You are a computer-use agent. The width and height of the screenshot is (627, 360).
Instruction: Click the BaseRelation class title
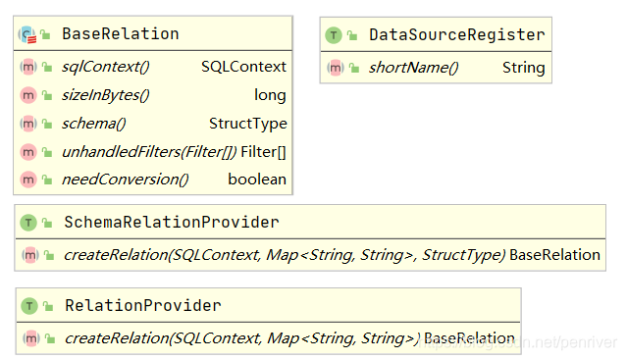[x=120, y=34]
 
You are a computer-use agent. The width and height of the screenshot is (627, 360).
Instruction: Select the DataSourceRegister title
[x=456, y=35]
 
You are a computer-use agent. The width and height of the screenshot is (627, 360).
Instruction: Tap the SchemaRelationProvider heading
[x=171, y=223]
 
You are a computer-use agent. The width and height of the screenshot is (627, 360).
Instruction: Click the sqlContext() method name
[x=105, y=67]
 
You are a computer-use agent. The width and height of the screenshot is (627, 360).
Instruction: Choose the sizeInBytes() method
[x=105, y=95]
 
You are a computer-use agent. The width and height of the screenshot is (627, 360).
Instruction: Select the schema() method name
[x=93, y=124]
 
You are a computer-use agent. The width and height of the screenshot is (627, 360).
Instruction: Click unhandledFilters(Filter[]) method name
[x=148, y=152]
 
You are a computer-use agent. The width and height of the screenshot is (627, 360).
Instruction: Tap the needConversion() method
[x=125, y=180]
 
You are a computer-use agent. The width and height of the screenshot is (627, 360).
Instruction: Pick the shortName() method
[x=413, y=68]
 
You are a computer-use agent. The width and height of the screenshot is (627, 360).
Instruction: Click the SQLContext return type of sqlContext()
[x=243, y=67]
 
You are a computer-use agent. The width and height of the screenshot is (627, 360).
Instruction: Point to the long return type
[x=270, y=95]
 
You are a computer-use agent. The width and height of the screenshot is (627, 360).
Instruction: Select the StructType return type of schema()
[x=248, y=124]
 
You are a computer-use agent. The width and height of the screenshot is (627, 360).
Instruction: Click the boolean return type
[x=257, y=180]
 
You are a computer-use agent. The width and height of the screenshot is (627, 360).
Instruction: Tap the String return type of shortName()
[x=523, y=68]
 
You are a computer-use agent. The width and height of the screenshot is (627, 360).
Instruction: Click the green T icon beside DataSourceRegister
[x=334, y=35]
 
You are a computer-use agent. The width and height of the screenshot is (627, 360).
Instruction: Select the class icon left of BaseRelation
[x=26, y=35]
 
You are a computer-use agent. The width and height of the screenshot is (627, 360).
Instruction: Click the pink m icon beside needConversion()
[x=27, y=180]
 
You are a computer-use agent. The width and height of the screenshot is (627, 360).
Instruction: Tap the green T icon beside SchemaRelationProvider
[x=27, y=223]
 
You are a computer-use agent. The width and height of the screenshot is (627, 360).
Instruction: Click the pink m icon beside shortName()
[x=335, y=68]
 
